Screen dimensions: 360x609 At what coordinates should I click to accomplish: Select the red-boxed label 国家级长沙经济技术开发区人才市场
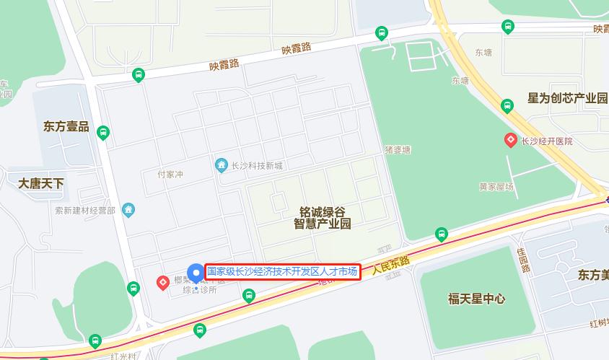[282, 272]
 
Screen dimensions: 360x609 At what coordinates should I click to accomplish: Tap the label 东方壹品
[66, 127]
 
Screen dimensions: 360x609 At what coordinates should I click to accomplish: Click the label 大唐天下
[41, 183]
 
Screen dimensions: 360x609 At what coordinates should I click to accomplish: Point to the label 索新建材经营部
[85, 211]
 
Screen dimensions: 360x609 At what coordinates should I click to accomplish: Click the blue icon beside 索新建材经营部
[129, 210]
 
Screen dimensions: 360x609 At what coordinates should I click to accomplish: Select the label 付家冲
[170, 175]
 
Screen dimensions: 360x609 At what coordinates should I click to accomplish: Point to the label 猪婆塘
[397, 150]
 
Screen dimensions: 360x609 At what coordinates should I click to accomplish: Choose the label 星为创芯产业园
[567, 98]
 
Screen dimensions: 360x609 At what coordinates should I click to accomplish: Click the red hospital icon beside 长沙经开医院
[511, 141]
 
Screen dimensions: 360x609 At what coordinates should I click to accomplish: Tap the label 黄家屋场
[496, 187]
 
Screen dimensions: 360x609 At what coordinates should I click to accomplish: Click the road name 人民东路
[391, 266]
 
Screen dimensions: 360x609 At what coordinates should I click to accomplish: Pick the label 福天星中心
[476, 299]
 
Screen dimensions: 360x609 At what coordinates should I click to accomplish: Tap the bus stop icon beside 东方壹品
[103, 133]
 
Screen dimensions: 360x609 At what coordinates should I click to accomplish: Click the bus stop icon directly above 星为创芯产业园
[507, 106]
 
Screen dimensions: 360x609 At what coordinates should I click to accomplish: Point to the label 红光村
[123, 356]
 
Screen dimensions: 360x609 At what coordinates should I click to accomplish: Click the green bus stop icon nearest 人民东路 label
[441, 234]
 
